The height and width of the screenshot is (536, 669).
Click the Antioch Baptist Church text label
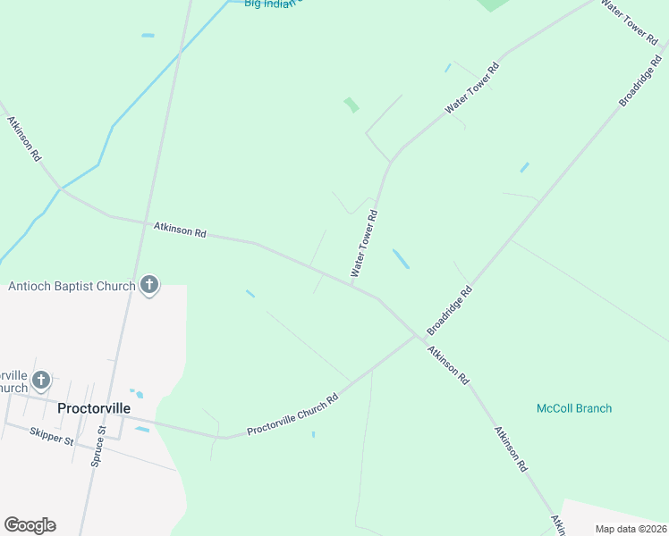tap(72, 287)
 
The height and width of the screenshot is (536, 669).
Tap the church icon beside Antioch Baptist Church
tap(149, 286)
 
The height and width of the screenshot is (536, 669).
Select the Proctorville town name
tap(94, 408)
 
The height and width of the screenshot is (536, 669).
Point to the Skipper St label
tap(50, 436)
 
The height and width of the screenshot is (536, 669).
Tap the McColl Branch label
tap(574, 408)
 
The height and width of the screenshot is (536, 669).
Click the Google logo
tap(30, 525)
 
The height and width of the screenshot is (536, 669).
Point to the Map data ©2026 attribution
tap(631, 529)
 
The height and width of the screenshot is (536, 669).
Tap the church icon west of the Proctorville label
tap(40, 381)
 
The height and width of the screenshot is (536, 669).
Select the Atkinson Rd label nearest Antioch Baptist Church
tap(180, 230)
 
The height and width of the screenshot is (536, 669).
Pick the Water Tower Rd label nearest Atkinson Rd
tap(365, 244)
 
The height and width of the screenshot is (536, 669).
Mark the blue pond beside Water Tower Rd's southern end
tap(401, 258)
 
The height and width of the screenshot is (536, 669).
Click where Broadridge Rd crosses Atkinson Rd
tap(419, 338)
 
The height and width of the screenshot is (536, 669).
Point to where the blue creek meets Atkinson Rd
tap(60, 188)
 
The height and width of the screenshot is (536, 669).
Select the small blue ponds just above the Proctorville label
tap(137, 393)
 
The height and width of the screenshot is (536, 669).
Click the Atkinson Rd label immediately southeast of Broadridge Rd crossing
tap(447, 364)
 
